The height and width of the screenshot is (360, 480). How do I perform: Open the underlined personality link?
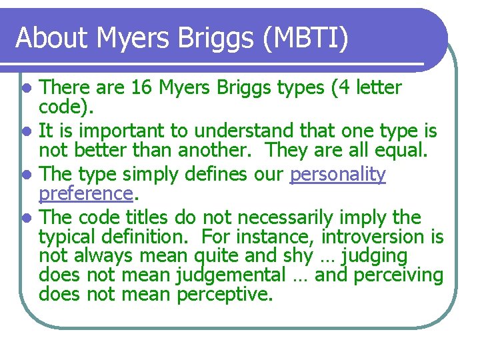tap(338, 175)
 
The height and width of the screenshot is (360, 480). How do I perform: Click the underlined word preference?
tap(85, 193)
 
